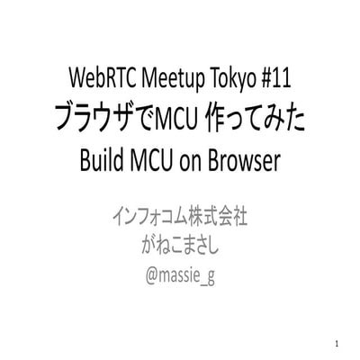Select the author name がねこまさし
pos(179,246)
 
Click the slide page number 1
pos(334,344)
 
